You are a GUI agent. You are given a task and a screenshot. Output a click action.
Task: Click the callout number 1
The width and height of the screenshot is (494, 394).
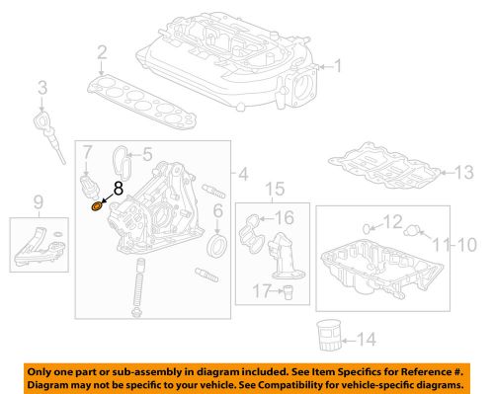338,68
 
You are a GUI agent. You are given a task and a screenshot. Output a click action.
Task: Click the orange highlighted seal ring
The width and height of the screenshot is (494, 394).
96,206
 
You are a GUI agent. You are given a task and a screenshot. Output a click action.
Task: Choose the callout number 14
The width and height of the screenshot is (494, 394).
366,340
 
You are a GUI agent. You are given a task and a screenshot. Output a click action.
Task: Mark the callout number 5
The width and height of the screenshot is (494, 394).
146,154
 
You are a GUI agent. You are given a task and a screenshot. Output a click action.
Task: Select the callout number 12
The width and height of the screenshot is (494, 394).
393,221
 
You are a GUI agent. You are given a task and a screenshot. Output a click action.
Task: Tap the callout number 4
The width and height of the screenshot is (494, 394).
240,177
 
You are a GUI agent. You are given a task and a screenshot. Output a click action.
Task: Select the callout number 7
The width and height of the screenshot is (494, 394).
88,153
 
